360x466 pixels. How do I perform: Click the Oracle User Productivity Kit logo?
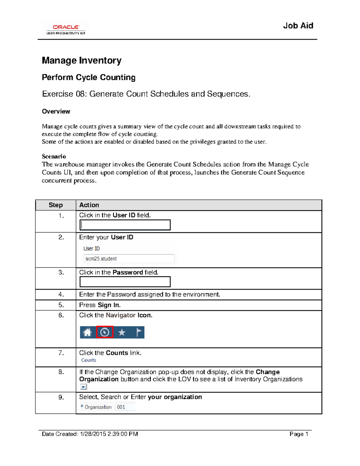point(66,29)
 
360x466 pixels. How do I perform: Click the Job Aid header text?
point(298,26)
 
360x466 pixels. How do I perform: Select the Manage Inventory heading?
point(82,60)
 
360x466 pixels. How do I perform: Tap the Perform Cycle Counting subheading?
point(88,77)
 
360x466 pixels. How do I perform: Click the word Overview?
point(56,111)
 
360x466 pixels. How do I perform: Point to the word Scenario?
point(54,156)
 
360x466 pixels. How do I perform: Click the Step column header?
point(55,205)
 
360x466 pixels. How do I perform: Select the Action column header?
point(89,205)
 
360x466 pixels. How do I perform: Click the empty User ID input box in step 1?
point(125,225)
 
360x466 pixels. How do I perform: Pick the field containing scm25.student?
point(129,259)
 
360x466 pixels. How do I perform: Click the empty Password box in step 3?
point(125,282)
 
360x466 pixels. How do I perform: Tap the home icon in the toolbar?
point(88,332)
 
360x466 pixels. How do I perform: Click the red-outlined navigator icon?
point(105,332)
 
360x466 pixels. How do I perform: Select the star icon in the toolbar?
point(122,332)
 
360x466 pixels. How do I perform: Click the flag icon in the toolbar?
point(139,332)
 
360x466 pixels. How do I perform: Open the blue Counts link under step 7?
point(88,360)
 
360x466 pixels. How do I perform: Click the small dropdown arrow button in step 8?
point(83,387)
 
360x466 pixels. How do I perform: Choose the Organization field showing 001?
point(125,407)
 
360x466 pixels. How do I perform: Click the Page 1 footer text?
point(299,434)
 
